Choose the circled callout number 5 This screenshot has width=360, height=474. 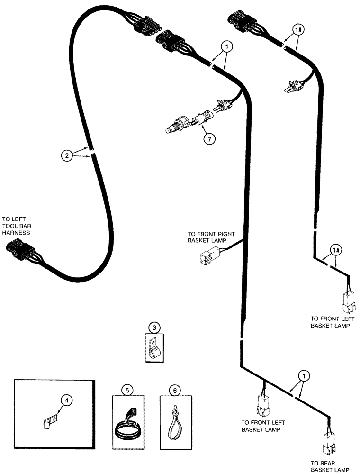click(126, 390)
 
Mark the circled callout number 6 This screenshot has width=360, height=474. click(175, 390)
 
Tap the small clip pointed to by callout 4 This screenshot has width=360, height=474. click(48, 420)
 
